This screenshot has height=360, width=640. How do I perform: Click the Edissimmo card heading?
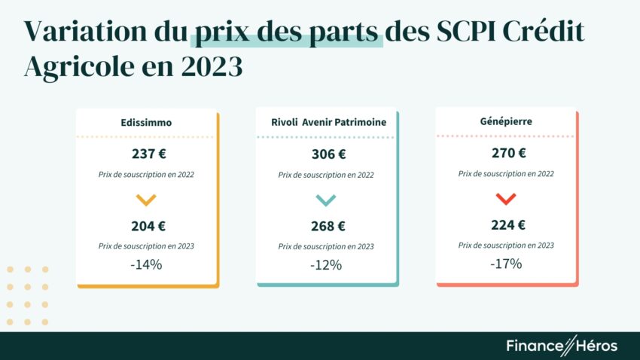point(146,123)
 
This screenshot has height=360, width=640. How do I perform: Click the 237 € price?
point(147,154)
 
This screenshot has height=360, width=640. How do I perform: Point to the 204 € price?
point(147,225)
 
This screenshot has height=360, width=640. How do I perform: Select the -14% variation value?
point(146,264)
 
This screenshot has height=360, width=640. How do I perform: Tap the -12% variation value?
point(326,265)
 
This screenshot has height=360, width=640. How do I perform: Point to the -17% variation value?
point(506,264)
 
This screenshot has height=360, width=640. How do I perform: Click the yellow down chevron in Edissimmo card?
point(146,200)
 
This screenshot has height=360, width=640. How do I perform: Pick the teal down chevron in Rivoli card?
point(326,200)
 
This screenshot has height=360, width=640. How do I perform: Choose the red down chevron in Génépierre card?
point(506,199)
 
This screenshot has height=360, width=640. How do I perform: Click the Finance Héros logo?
point(561,346)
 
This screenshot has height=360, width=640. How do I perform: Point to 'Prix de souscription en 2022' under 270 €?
point(506,173)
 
